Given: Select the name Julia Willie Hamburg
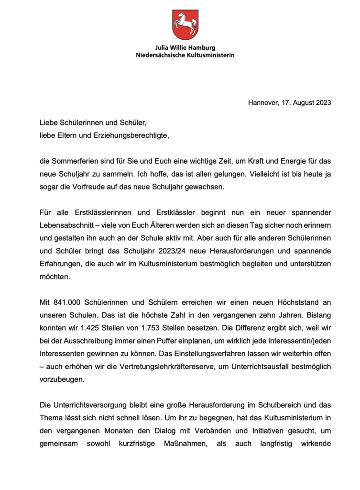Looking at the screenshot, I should click(x=185, y=48).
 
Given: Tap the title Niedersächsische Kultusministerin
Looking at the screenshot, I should click(x=185, y=55).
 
